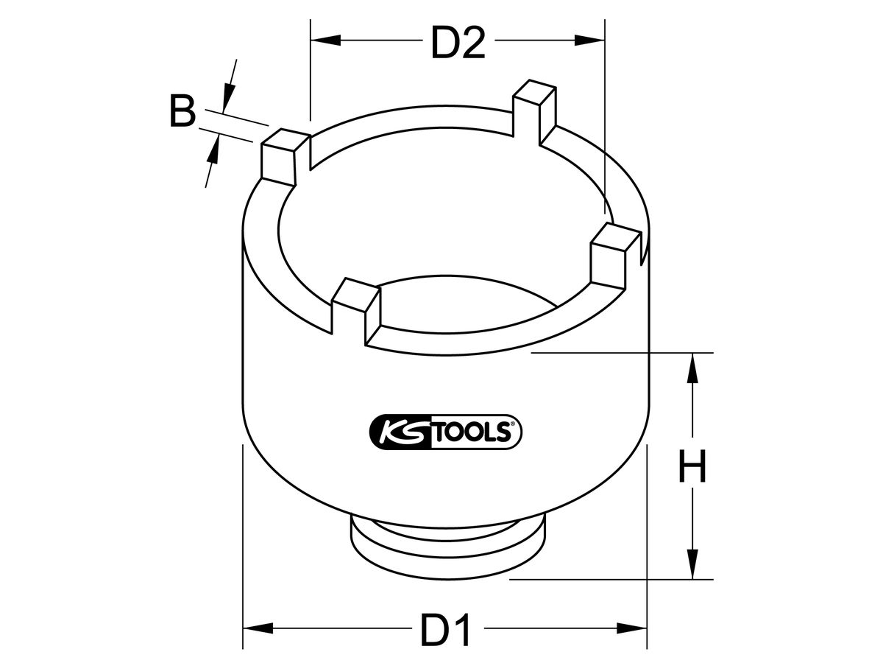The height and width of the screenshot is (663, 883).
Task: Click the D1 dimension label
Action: (445, 631)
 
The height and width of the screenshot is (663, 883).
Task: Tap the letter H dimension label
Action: (691, 468)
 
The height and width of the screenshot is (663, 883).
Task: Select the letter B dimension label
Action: (182, 113)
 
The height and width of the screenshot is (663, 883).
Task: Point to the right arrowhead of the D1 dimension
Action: (633, 628)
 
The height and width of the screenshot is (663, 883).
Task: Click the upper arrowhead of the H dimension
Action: (692, 368)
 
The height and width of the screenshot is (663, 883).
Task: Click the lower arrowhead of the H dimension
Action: (692, 564)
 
